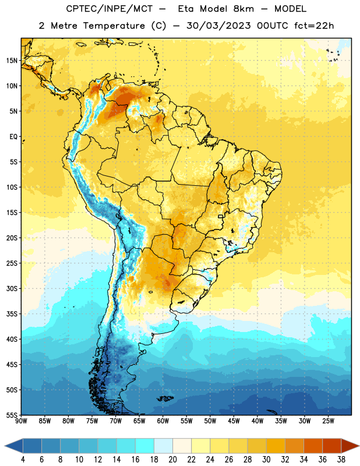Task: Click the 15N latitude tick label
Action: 12,61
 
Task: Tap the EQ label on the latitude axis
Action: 13,137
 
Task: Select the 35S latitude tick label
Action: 12,314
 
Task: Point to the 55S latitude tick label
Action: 12,415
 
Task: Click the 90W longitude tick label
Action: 21,421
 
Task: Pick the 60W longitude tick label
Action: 163,421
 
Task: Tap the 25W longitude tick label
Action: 328,421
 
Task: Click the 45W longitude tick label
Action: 234,421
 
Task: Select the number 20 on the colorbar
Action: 172,460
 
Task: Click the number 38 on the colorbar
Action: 341,460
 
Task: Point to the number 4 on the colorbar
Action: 23,460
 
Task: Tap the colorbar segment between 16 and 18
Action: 145,446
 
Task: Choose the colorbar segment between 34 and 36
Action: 313,446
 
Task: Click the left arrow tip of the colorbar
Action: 5,446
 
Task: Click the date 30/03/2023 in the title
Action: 218,26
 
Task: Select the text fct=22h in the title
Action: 314,26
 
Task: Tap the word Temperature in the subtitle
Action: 114,26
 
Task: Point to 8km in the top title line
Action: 243,9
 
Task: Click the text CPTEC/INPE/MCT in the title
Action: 109,9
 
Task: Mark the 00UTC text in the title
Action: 273,26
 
